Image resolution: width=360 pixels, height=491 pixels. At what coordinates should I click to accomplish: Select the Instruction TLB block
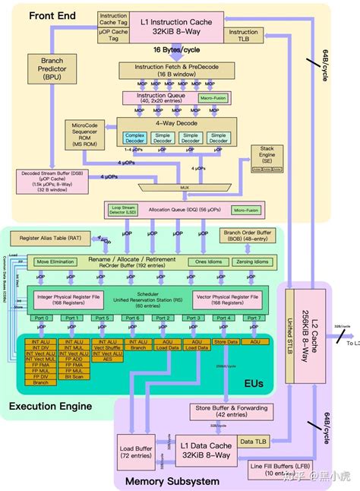244,36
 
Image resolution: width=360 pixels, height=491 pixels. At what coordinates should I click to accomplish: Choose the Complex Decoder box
134,137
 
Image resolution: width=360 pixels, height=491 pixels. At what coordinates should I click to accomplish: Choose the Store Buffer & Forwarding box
220,411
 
